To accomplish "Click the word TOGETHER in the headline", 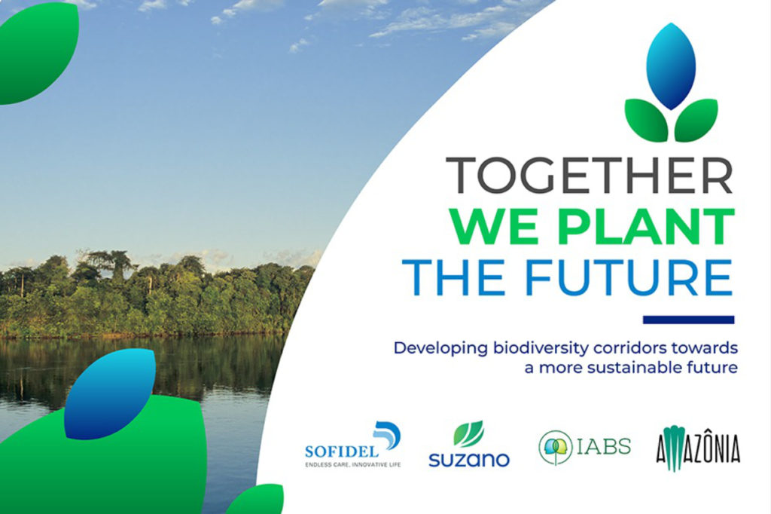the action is point(590,175).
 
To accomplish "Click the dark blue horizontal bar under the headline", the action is point(688,320).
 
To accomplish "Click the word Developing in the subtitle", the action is point(440,349).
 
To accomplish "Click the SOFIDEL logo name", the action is point(342,451).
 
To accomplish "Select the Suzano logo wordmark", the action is point(469,459).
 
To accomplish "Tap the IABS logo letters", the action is point(604,447).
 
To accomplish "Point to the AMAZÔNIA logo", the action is point(698,448).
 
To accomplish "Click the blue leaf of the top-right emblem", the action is point(671,66).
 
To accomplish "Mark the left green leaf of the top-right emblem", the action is point(646,120).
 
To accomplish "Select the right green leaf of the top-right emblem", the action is point(696,120).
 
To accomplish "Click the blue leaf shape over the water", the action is point(110,394).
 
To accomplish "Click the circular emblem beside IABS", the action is point(556,448).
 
